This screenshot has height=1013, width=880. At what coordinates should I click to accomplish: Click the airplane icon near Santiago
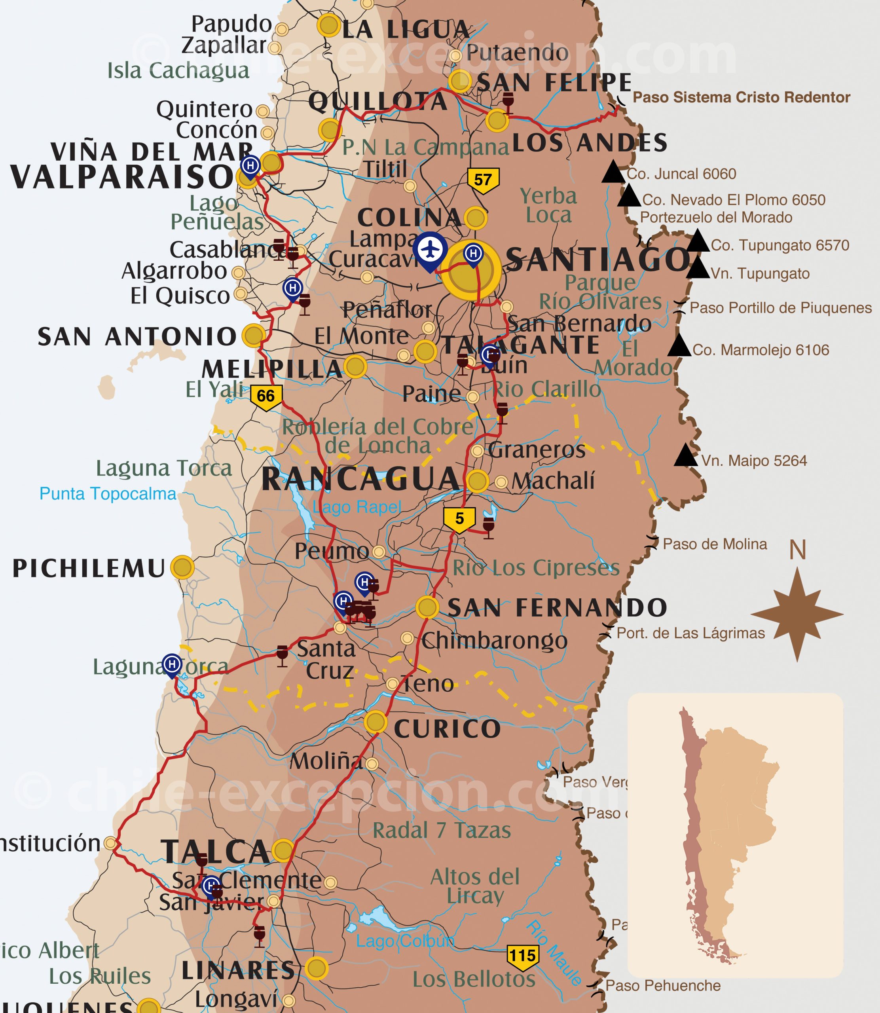tap(430, 249)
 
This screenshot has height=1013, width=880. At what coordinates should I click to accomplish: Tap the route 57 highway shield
tap(483, 180)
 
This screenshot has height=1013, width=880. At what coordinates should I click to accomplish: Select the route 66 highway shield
tap(266, 396)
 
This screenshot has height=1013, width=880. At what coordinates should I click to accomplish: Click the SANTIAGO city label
tap(597, 259)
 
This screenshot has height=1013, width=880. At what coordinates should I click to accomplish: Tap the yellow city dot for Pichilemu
tap(182, 567)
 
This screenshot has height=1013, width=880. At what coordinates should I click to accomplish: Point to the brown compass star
tap(797, 614)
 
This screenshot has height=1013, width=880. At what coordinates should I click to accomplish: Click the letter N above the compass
tap(798, 550)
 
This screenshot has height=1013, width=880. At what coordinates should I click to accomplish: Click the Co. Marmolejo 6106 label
tap(760, 350)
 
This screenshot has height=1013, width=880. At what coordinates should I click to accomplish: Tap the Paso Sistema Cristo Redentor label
tap(741, 97)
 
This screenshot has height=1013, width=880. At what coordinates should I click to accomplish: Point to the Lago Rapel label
tap(357, 507)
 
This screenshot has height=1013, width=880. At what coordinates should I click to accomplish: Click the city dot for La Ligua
tap(328, 26)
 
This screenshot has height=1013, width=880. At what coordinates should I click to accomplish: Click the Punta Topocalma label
tap(108, 493)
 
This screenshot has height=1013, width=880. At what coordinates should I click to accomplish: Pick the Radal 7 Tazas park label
tap(442, 830)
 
